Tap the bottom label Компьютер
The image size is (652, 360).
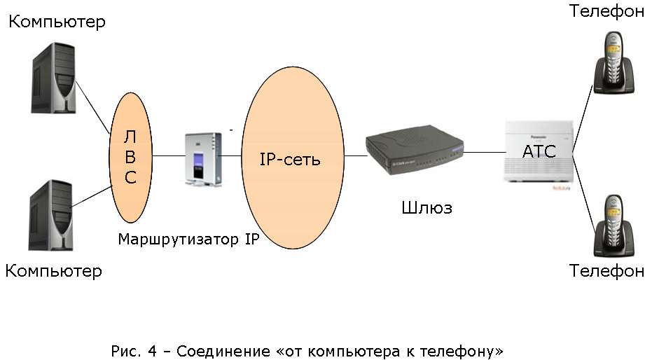(54, 270)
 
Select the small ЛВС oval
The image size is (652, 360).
(130, 157)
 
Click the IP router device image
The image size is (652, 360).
(202, 158)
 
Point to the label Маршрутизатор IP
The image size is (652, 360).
(189, 240)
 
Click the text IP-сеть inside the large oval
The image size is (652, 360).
(290, 159)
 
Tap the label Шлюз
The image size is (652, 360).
(427, 208)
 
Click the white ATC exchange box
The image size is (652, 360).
(540, 152)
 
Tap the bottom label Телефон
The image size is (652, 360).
(606, 270)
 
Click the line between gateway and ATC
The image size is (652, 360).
(484, 151)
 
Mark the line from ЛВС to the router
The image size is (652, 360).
(167, 155)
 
